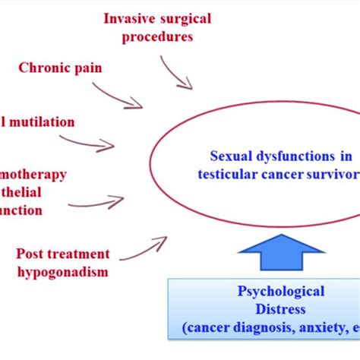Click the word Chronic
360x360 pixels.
(x=42, y=68)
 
